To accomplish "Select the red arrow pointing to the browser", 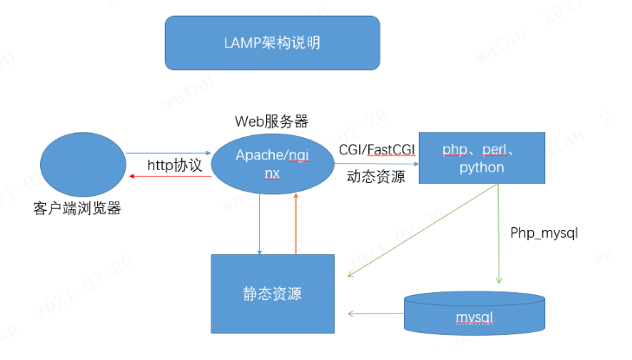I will pyautogui.click(x=169, y=176).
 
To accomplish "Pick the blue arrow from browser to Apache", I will pyautogui.click(x=169, y=154).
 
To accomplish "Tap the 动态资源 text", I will pyautogui.click(x=375, y=176).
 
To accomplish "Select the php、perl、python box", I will pyautogui.click(x=481, y=158).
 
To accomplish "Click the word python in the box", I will pyautogui.click(x=481, y=167).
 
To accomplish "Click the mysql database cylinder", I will pyautogui.click(x=474, y=314).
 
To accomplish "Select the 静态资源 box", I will pyautogui.click(x=272, y=293).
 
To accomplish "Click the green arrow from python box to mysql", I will pyautogui.click(x=498, y=234).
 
